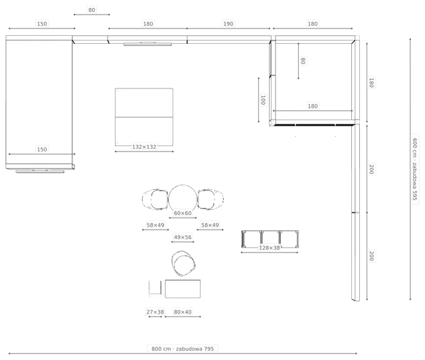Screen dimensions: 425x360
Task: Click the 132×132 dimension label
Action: (x=144, y=147)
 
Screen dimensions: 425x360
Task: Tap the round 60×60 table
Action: (x=183, y=199)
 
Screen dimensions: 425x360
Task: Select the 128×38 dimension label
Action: (x=269, y=248)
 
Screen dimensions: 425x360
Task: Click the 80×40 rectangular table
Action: (x=183, y=289)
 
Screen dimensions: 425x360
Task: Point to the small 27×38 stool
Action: (x=155, y=288)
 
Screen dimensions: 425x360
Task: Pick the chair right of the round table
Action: (x=211, y=199)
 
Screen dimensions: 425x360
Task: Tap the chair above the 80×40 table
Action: (x=183, y=263)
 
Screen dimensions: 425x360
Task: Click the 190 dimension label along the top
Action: (x=228, y=24)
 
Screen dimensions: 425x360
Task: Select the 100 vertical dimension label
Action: (x=263, y=100)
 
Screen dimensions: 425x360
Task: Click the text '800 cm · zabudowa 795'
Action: (x=183, y=349)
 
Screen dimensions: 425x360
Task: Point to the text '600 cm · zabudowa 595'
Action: (x=414, y=169)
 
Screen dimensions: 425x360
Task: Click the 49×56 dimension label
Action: (x=183, y=237)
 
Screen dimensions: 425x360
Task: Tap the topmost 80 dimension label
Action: (x=92, y=10)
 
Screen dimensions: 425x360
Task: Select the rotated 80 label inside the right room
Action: (x=303, y=60)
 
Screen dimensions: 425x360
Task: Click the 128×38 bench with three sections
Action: (x=270, y=239)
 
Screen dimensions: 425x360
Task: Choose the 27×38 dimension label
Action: (x=155, y=312)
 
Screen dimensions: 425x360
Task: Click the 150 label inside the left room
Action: (x=42, y=149)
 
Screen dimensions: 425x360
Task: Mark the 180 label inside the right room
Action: (x=313, y=106)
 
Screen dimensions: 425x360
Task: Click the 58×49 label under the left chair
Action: (x=155, y=225)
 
